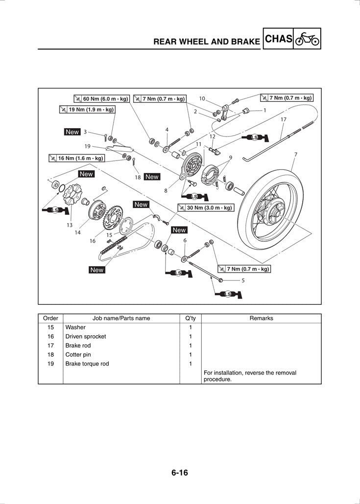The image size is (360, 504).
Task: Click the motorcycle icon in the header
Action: [307, 39]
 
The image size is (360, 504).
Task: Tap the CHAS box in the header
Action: [278, 39]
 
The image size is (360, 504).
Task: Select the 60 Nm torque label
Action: [101, 99]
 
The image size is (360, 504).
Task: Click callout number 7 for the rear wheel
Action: [295, 155]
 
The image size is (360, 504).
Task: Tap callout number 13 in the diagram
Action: [70, 225]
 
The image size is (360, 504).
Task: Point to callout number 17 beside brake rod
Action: [284, 119]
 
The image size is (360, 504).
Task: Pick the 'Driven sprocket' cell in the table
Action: [86, 337]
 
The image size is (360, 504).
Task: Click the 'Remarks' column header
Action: [261, 318]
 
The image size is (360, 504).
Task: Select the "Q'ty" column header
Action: [190, 318]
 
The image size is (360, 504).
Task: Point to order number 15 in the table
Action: [50, 327]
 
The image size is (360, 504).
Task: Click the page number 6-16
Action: [180, 473]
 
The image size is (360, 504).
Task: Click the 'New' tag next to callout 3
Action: [72, 132]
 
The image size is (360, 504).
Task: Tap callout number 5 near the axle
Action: [243, 281]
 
